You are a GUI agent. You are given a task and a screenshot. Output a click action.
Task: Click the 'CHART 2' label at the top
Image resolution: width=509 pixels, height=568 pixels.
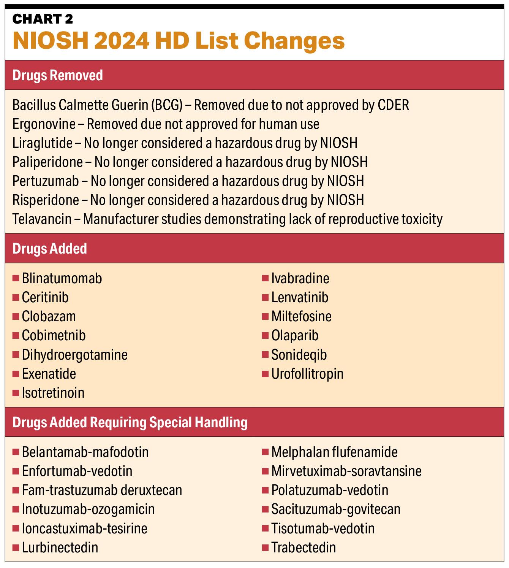click(43, 19)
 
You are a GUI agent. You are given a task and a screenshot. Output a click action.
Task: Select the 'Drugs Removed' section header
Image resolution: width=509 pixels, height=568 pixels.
click(58, 75)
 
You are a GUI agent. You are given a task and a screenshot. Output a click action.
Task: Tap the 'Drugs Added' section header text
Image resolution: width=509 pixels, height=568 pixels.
click(50, 249)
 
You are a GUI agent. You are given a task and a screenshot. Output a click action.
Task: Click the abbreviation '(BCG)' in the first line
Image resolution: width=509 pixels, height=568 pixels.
click(166, 105)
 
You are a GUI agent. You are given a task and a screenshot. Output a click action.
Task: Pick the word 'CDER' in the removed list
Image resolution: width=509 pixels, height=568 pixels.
click(394, 105)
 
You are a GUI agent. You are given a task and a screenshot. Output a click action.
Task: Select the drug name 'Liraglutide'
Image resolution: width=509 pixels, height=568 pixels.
click(43, 143)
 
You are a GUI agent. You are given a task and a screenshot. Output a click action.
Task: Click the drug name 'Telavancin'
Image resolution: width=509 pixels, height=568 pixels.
click(42, 219)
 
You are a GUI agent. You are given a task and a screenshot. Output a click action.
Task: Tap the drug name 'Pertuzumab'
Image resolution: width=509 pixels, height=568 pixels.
click(46, 181)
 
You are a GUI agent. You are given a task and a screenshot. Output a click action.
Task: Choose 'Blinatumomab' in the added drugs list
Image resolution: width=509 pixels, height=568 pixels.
click(62, 278)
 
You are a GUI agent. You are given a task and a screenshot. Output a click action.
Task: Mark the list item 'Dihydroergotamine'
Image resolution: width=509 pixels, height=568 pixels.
click(74, 355)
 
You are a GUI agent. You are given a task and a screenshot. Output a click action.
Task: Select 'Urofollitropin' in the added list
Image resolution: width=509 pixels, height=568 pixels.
click(307, 374)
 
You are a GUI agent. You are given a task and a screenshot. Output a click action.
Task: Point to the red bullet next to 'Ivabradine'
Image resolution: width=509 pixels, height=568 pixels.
click(265, 278)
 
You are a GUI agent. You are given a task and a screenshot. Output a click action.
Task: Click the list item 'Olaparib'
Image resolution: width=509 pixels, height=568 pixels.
click(295, 336)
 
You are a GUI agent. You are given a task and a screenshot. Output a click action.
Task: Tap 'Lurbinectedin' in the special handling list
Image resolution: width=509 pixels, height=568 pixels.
click(60, 547)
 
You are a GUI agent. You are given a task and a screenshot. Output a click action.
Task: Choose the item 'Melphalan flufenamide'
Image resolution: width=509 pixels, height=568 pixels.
click(334, 452)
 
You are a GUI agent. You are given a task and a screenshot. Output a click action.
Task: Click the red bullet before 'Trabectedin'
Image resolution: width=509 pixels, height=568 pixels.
click(265, 547)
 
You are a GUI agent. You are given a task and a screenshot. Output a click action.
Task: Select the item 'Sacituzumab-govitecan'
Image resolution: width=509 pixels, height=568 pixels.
click(336, 509)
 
